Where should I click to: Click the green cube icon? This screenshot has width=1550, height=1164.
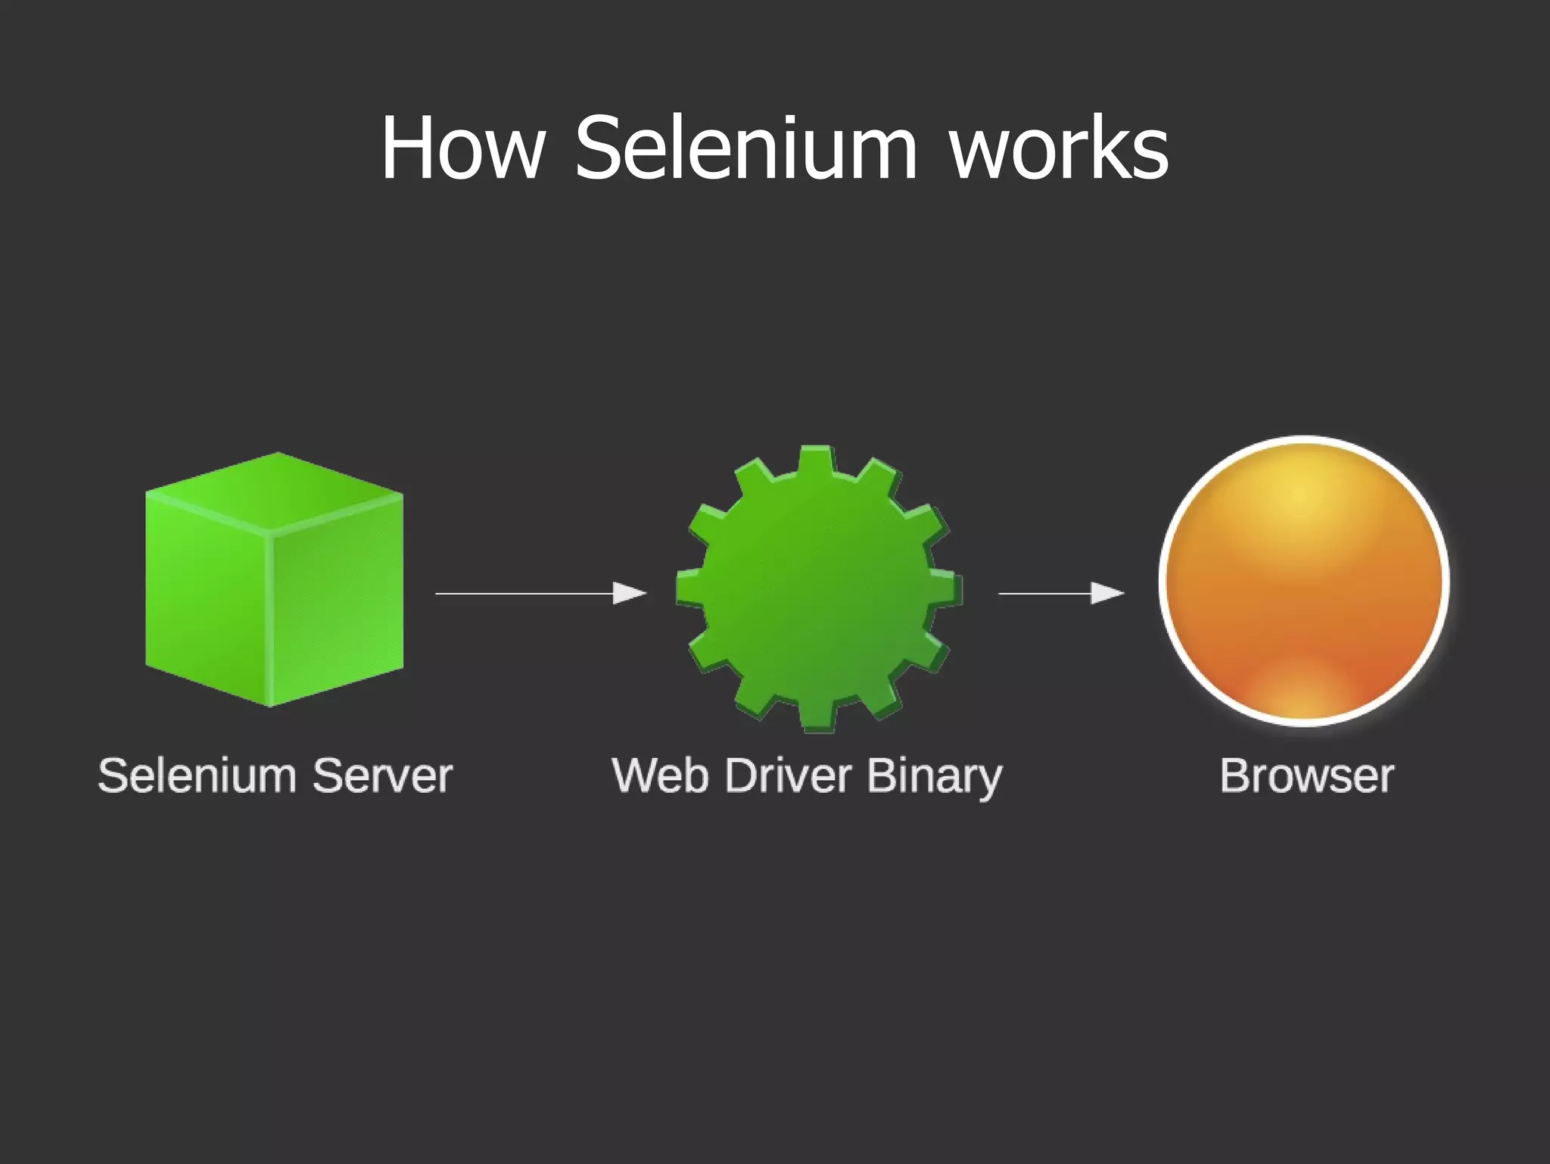(274, 579)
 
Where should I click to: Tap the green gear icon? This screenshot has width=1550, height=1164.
(818, 588)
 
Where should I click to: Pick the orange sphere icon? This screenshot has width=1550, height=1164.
(1303, 581)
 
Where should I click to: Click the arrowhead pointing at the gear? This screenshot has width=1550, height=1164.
(629, 593)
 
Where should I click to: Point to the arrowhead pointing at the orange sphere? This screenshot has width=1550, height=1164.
(1106, 593)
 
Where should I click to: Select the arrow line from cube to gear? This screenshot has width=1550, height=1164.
(522, 594)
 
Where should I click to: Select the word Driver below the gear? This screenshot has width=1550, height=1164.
(788, 775)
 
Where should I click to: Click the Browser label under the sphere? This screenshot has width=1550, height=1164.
(1306, 775)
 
